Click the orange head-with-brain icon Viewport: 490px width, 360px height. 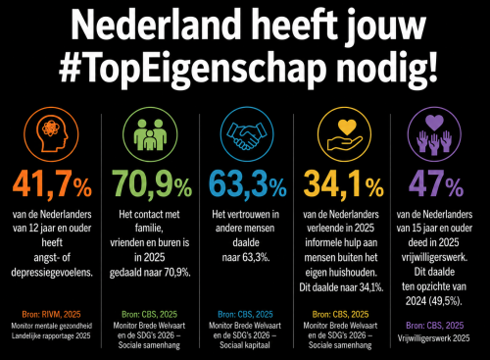point(51,134)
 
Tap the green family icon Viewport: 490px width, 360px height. point(150,134)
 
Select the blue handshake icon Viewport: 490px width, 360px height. point(247,134)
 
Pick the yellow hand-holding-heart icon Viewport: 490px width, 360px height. point(345,134)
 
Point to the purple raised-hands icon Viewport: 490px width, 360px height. point(434,134)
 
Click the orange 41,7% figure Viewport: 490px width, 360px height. point(52,184)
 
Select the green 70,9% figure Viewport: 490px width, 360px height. point(152,184)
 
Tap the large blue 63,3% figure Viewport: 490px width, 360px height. point(248,184)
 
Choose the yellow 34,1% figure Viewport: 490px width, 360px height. point(344,184)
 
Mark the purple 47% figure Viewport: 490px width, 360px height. point(436,183)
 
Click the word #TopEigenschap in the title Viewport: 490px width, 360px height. point(193,70)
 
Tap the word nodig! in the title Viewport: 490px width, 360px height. point(387,70)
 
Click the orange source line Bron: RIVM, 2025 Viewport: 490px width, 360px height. point(51,315)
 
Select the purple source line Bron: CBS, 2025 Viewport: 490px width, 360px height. point(435,326)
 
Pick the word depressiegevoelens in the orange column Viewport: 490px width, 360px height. point(52,273)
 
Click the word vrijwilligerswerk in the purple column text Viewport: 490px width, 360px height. point(434,258)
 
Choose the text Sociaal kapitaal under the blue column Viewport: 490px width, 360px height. point(245,345)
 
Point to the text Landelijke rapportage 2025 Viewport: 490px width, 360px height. point(51,335)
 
